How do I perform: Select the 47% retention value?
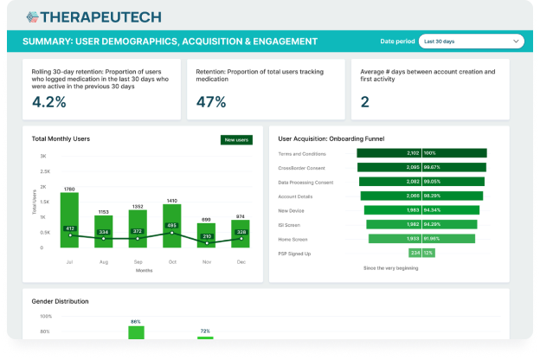211,101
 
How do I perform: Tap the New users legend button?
235,139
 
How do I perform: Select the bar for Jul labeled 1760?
69,220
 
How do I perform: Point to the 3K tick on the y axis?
42,156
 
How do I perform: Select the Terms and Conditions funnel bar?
421,153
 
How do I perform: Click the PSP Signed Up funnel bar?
421,253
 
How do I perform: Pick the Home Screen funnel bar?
421,238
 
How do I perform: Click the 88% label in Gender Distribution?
135,321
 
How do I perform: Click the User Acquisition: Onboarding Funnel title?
331,138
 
